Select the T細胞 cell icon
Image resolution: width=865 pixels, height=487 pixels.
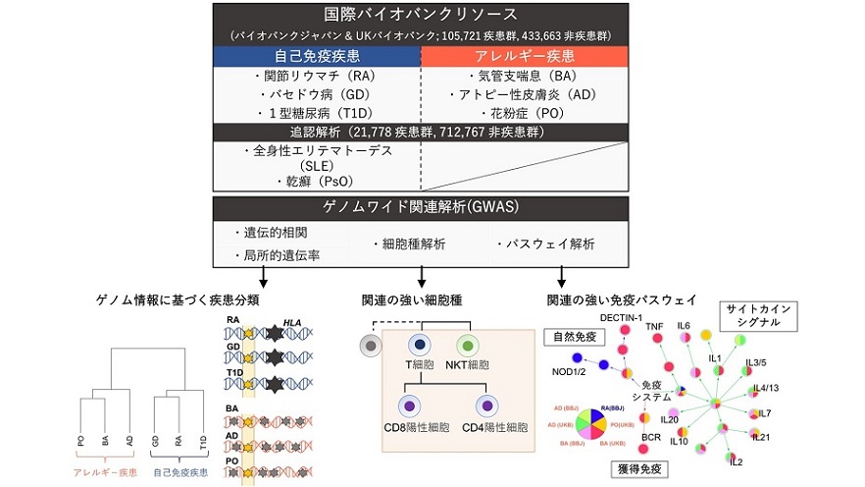click(x=420, y=346)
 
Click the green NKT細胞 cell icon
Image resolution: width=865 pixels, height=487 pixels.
click(x=468, y=346)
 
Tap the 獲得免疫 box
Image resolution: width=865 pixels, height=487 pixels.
click(x=636, y=468)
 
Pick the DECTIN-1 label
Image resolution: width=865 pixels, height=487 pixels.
click(x=621, y=316)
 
